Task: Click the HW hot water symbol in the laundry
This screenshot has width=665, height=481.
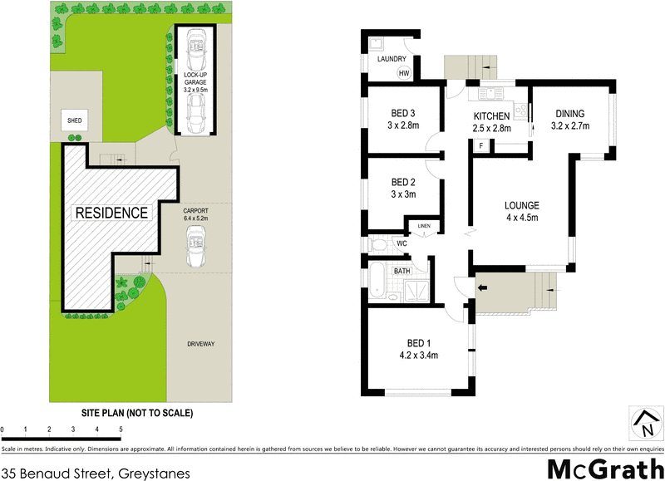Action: [x=404, y=74]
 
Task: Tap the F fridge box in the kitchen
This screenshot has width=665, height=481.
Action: [x=480, y=146]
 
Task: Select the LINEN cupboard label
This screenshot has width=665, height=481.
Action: [x=424, y=226]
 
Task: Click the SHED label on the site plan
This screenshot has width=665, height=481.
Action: [x=75, y=121]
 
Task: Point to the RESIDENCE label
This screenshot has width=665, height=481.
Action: [x=112, y=213]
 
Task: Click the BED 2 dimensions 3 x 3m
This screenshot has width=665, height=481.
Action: [x=403, y=194]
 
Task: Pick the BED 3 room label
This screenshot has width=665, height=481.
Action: [x=403, y=114]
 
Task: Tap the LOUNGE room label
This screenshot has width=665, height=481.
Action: [x=522, y=205]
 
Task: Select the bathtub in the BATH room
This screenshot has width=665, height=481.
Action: [x=375, y=283]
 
